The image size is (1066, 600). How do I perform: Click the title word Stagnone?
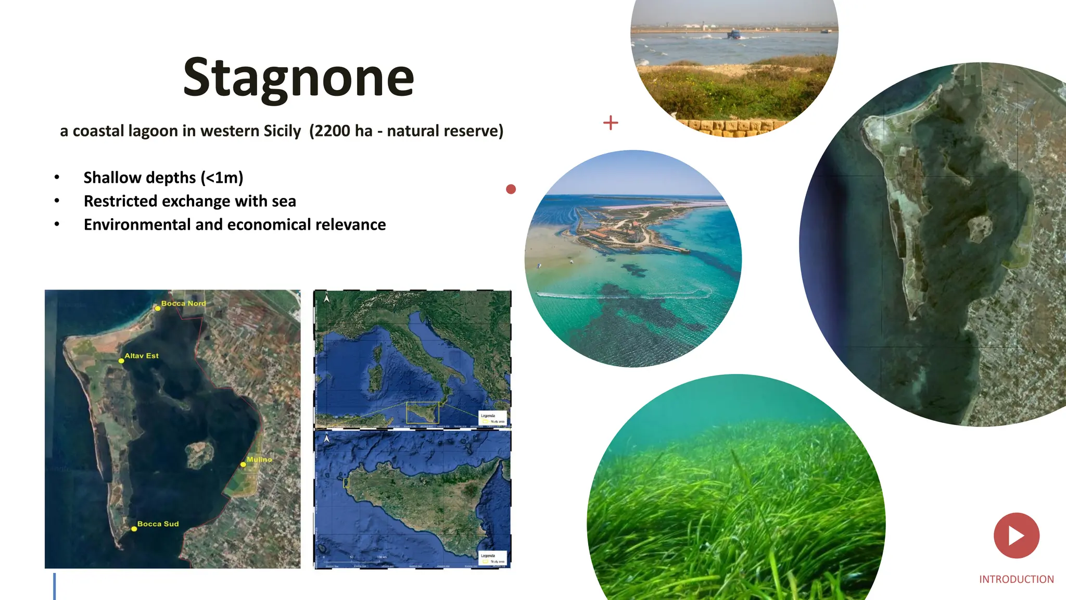point(299,78)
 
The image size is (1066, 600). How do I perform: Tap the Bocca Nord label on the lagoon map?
point(183,303)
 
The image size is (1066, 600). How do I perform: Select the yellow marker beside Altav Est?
point(121,360)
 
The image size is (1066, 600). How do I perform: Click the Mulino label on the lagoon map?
point(259,459)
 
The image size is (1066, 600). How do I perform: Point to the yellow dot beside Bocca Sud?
point(134,529)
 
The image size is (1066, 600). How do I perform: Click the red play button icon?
point(1016,535)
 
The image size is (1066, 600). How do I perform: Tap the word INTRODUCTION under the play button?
point(1016,579)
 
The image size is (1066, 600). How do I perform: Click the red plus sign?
point(611,123)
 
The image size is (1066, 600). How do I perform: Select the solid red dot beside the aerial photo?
point(511,189)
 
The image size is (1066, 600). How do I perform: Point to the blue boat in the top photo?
point(733,35)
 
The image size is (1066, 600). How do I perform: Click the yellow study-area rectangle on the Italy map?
point(422,412)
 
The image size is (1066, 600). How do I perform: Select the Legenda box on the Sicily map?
point(492,557)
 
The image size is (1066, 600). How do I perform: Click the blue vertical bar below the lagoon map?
point(54,586)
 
